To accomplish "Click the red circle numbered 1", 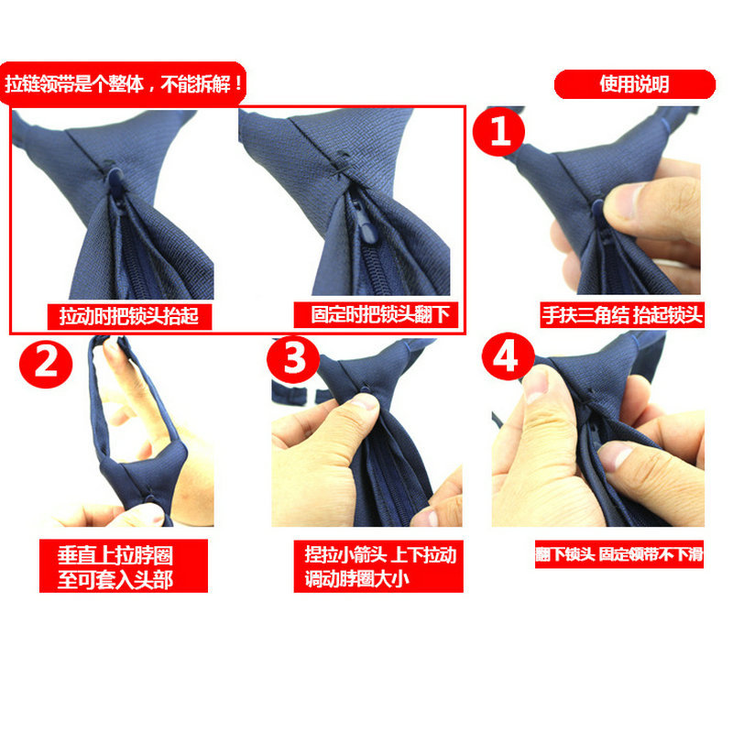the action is click(498, 132).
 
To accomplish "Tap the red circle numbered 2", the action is click(46, 364).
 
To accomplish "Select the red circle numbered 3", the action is click(293, 359).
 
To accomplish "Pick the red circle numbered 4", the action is click(509, 356).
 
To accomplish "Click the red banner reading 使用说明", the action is click(634, 84).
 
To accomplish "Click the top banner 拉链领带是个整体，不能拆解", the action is click(123, 84).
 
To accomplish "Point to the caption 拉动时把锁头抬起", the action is click(129, 316).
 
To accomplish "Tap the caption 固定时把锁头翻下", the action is click(376, 314).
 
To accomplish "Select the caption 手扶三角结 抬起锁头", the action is click(622, 315).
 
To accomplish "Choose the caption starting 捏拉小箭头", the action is click(378, 566).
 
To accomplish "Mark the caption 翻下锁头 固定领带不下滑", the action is click(619, 554).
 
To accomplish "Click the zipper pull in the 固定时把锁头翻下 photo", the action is click(367, 224).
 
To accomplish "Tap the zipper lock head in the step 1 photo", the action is click(598, 209).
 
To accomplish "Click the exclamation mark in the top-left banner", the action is click(239, 84).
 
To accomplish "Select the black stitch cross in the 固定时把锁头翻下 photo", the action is click(342, 167).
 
